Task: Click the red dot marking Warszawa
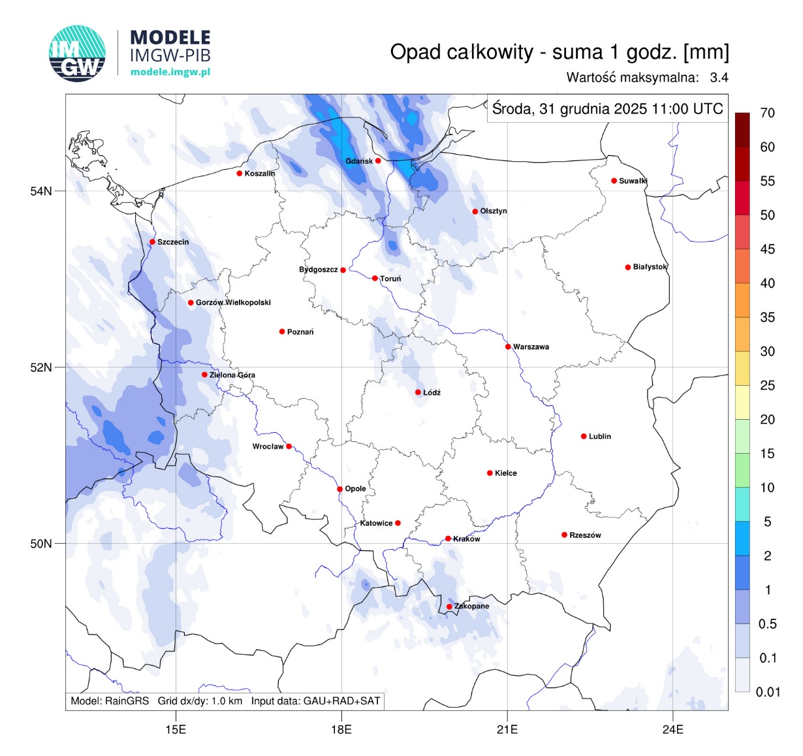coord(508,347)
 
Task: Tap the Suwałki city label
coord(633,181)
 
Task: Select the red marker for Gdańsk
coord(378,161)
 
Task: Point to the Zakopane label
coord(471,606)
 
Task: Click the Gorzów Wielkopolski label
coord(233,302)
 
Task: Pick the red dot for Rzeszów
coord(565,535)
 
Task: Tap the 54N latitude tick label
coord(40,191)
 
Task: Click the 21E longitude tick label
coord(507,729)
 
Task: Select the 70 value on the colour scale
coord(767,113)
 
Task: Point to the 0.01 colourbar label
coord(767,692)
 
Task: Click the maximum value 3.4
coord(719,78)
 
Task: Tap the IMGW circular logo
coord(77,54)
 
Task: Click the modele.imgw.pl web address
coord(170,72)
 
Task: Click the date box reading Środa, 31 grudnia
coord(607,108)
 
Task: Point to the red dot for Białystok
coord(628,267)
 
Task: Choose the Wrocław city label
coord(268,447)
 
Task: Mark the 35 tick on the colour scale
coord(767,317)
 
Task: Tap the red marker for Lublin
coord(584,436)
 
